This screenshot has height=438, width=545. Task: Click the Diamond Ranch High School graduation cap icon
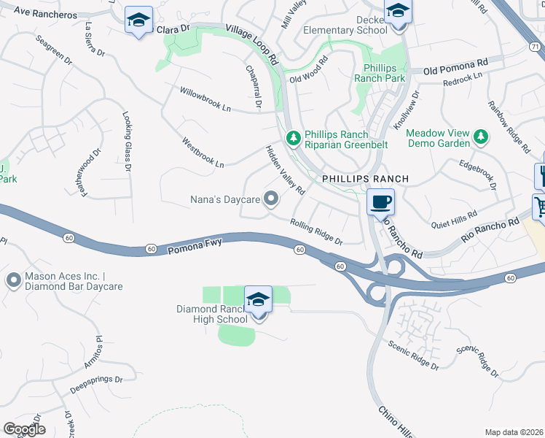pyautogui.click(x=258, y=300)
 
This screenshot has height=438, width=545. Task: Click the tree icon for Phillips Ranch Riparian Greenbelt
pyautogui.click(x=293, y=137)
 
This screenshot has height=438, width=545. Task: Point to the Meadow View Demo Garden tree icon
pyautogui.click(x=480, y=137)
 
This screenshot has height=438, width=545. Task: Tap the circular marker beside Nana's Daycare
pyautogui.click(x=271, y=199)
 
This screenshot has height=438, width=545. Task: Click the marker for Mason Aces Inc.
pyautogui.click(x=14, y=280)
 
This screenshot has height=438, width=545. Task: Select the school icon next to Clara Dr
pyautogui.click(x=137, y=21)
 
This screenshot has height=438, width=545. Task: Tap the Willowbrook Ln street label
pyautogui.click(x=205, y=99)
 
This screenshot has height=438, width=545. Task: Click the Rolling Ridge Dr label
pyautogui.click(x=316, y=232)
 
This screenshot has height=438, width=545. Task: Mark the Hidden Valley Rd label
pyautogui.click(x=284, y=170)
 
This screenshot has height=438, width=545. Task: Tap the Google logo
pyautogui.click(x=24, y=429)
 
